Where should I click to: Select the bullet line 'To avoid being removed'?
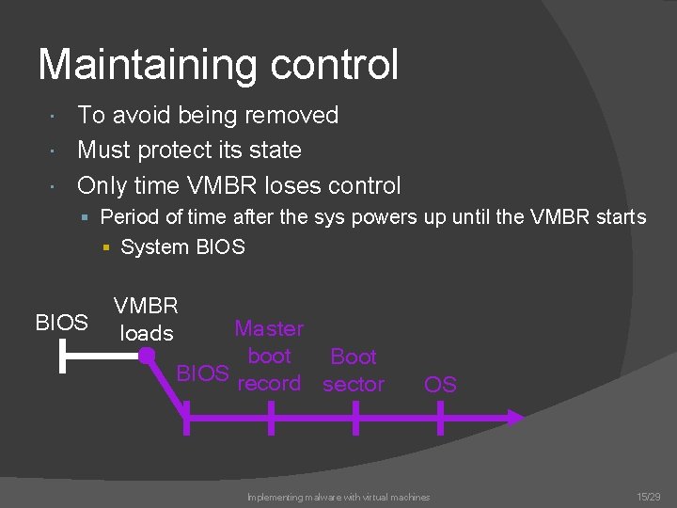click(x=207, y=116)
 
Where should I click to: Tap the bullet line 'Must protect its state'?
click(x=189, y=150)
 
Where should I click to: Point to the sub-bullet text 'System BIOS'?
click(x=182, y=247)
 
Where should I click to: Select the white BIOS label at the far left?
click(x=61, y=323)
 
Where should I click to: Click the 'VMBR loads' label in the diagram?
click(x=146, y=319)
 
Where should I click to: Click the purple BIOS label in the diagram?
click(x=202, y=373)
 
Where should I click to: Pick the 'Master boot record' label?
click(x=269, y=357)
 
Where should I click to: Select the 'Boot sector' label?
click(x=354, y=370)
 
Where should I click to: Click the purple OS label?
click(x=440, y=384)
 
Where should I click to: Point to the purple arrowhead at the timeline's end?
click(x=515, y=417)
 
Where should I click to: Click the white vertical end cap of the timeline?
click(x=63, y=357)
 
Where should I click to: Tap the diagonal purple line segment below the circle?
click(x=165, y=387)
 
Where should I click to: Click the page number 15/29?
click(x=649, y=496)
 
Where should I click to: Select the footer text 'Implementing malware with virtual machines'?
click(x=338, y=497)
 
